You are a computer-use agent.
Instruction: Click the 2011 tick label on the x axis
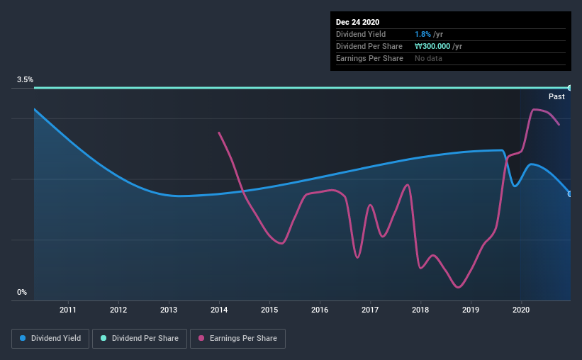click(68, 310)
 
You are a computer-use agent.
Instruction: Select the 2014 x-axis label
click(219, 310)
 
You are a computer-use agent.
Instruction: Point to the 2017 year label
click(370, 310)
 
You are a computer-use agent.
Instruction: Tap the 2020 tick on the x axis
click(521, 310)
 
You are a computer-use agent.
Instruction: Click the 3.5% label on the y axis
click(25, 80)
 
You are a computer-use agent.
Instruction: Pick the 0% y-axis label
click(22, 292)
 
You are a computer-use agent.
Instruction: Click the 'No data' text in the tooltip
click(428, 58)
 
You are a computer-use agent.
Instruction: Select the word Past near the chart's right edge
click(556, 96)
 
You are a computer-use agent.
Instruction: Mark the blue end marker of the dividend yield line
click(569, 193)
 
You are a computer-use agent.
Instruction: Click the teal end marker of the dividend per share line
click(569, 88)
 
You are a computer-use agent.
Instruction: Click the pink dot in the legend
click(201, 339)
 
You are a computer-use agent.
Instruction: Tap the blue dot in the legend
click(23, 339)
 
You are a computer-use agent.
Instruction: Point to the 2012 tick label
click(118, 310)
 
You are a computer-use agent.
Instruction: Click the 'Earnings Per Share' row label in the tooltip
click(369, 58)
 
